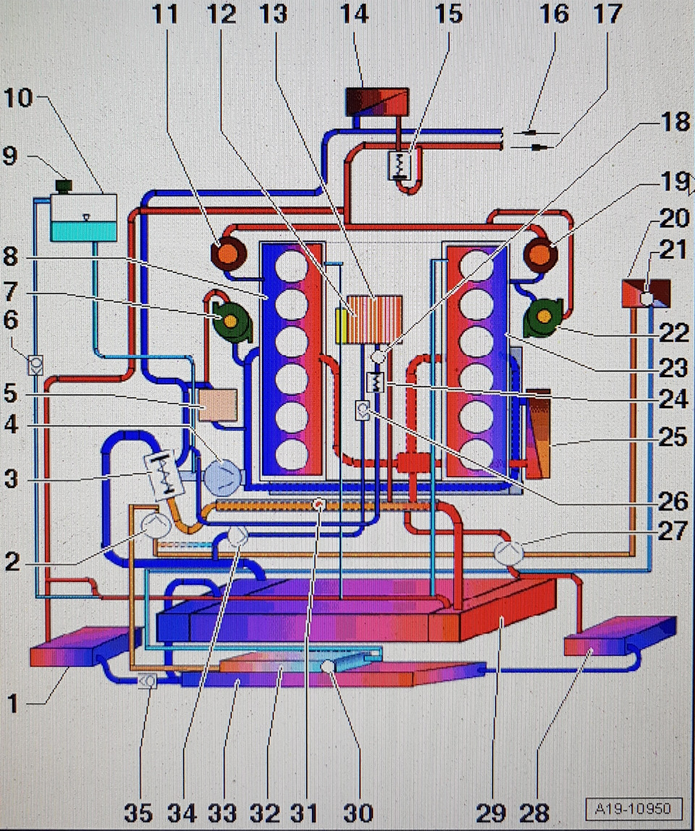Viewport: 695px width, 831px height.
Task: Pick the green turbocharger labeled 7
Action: (230, 321)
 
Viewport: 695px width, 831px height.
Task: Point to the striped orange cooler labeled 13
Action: (374, 319)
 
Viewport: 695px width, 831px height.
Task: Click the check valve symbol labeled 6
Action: (34, 364)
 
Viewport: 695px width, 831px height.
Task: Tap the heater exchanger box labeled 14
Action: (376, 102)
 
